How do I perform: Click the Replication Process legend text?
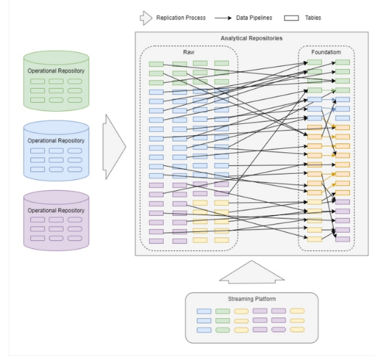tap(181, 18)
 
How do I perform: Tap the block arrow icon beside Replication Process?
tap(146, 18)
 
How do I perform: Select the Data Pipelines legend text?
tap(254, 18)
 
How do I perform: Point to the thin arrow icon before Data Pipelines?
tap(223, 18)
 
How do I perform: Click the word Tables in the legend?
tap(313, 18)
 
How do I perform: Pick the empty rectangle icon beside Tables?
tap(291, 18)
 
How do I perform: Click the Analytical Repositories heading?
tap(251, 39)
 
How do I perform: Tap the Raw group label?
tap(189, 52)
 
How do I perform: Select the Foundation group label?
tap(326, 52)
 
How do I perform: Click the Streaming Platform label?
tap(252, 299)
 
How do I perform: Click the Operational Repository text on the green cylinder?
tap(56, 71)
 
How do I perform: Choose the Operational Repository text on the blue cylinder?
tap(56, 141)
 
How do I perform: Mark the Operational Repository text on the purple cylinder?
tap(56, 210)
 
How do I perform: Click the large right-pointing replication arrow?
tap(114, 147)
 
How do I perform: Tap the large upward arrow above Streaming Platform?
tap(252, 272)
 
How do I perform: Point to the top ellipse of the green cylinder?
tap(56, 58)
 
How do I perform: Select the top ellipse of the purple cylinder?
tap(56, 197)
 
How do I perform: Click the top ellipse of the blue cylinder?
tap(56, 127)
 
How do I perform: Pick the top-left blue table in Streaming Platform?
tap(204, 311)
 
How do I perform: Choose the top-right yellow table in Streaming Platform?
tap(297, 311)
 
